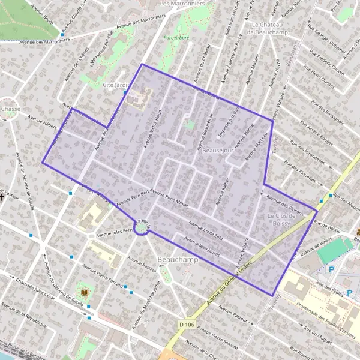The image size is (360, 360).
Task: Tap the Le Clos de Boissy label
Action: pos(278,219)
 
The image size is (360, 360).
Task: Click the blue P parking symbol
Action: pos(331,269)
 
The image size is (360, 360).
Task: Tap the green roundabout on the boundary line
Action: pos(142,227)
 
